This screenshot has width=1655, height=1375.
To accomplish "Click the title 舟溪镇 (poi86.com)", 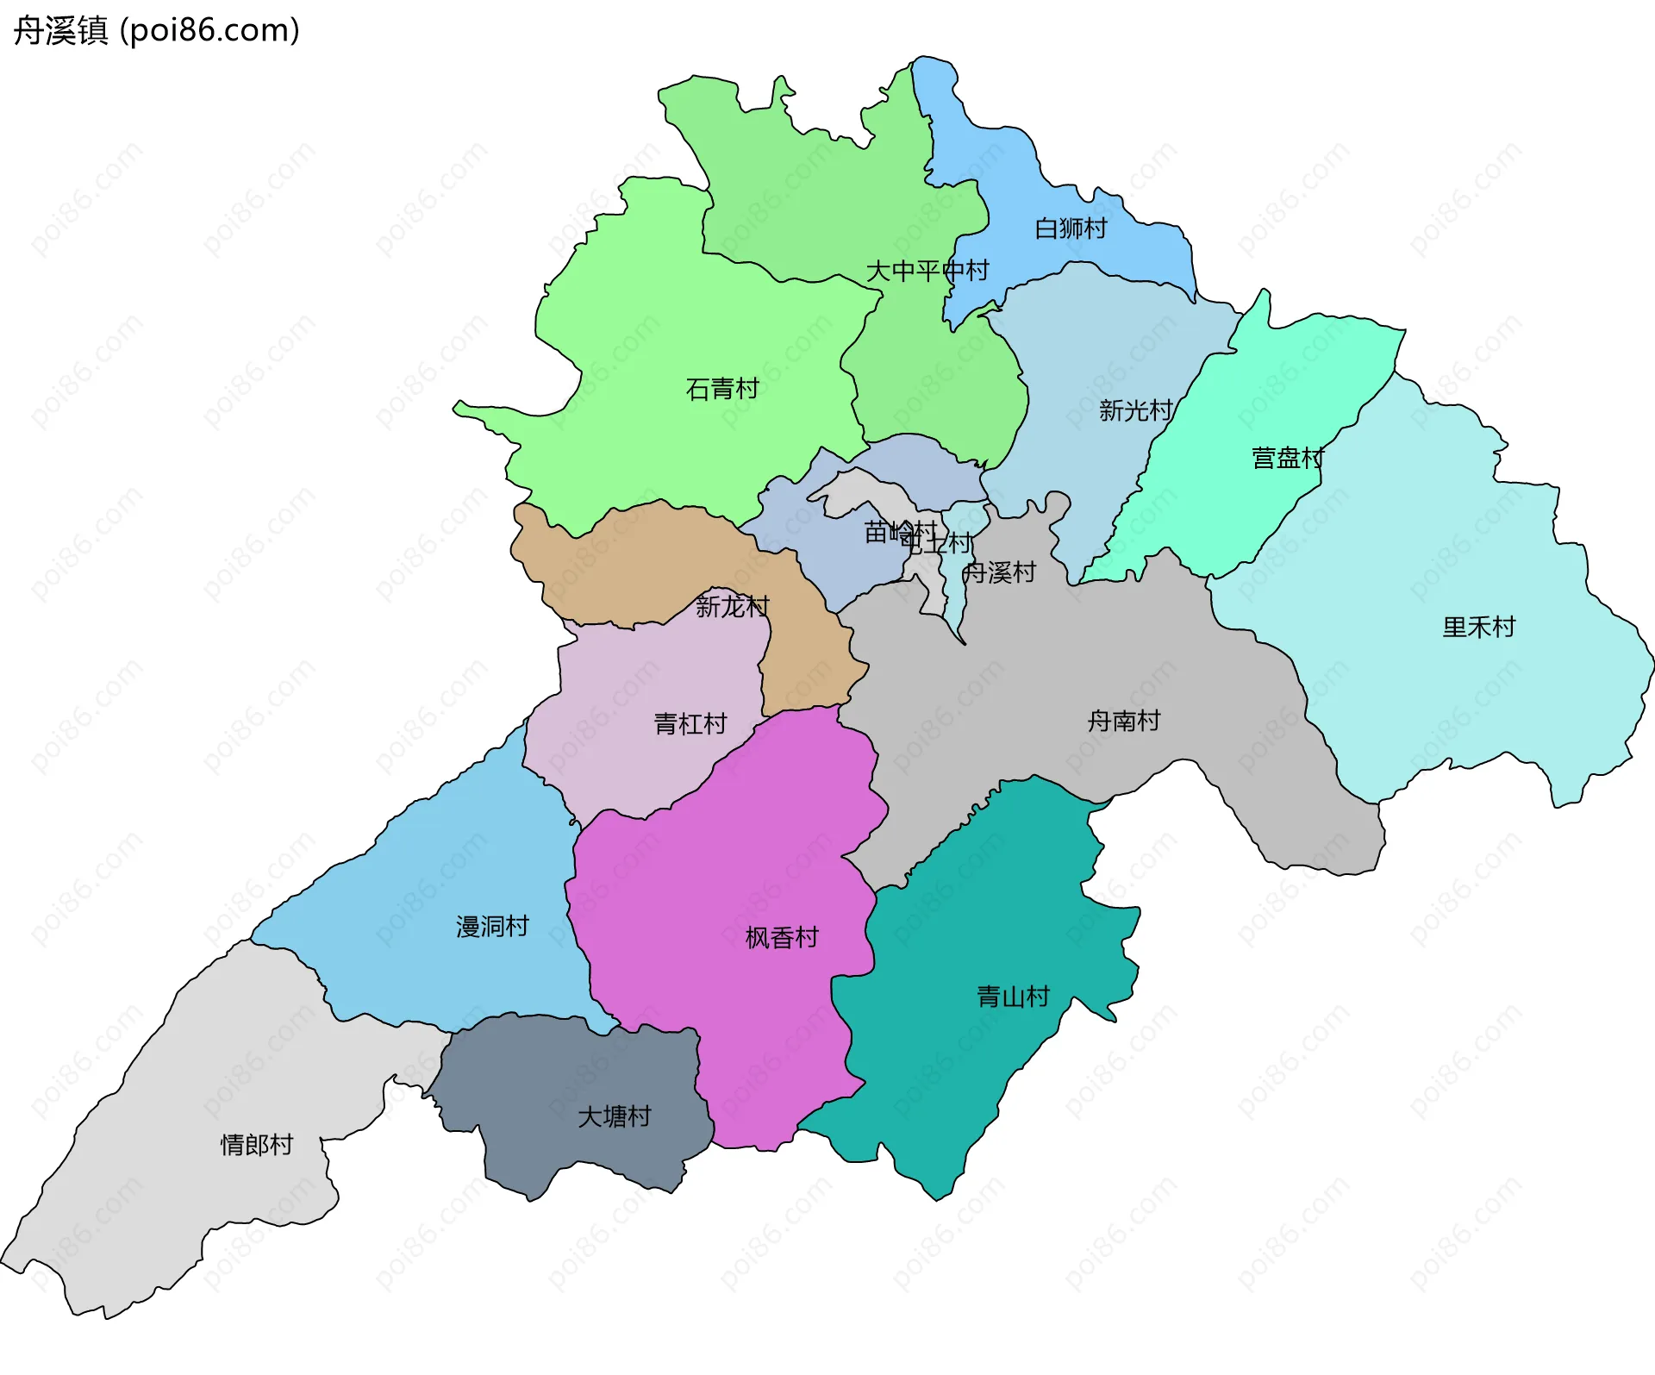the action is (x=156, y=30).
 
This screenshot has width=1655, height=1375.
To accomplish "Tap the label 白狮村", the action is (x=1071, y=228).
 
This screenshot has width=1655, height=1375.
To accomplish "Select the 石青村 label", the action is (x=722, y=389).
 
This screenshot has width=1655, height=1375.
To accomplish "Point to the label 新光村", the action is (x=1135, y=410).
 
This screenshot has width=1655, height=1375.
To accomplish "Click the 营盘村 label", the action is (x=1287, y=458).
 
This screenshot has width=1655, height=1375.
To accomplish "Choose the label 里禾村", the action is (x=1478, y=627).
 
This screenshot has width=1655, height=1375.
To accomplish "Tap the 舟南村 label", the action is (x=1123, y=721).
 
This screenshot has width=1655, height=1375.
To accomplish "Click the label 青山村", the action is (x=1013, y=997).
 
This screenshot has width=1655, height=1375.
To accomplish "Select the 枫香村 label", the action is (x=781, y=938).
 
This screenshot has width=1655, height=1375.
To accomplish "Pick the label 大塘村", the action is (x=614, y=1117).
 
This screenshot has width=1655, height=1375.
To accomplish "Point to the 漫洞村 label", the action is (x=491, y=927).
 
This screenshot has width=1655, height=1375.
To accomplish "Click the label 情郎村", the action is (x=257, y=1145).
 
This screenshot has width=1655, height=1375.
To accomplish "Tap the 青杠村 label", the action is (x=690, y=723).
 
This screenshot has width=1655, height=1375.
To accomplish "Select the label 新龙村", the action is (x=732, y=607).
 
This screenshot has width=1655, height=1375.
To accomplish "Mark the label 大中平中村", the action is (x=927, y=271).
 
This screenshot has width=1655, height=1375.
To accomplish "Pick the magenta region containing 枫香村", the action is (x=733, y=862).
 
